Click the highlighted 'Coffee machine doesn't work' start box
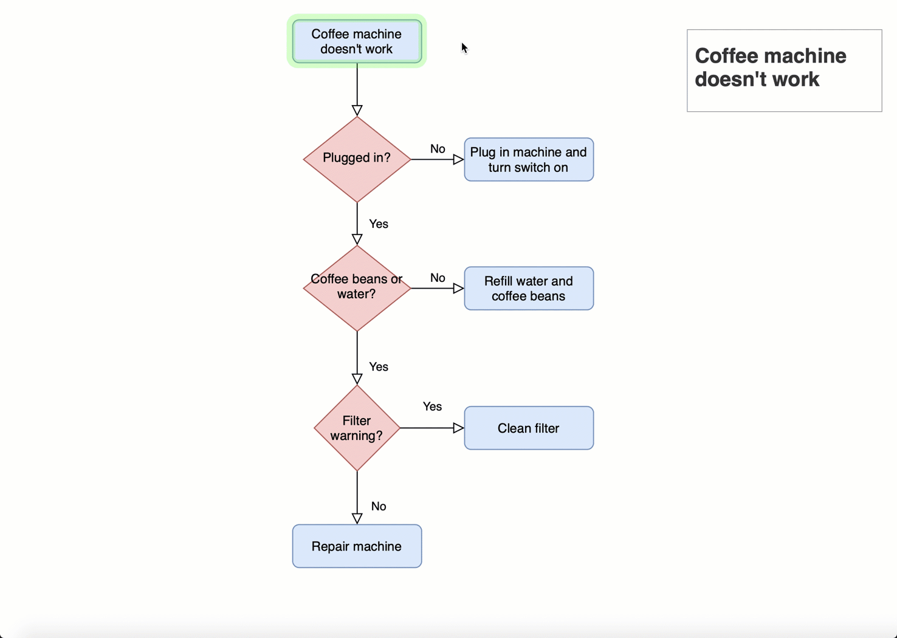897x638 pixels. [x=357, y=41]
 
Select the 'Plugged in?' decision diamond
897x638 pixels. [x=357, y=159]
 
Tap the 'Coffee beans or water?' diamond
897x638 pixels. [x=357, y=287]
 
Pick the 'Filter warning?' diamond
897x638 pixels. [x=357, y=428]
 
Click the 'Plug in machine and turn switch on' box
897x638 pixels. [x=528, y=160]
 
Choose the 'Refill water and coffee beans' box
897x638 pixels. [x=528, y=289]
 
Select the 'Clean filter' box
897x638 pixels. [x=528, y=428]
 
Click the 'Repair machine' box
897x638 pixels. [x=357, y=546]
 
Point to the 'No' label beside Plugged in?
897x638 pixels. [x=438, y=149]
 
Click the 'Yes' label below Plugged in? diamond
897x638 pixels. [x=378, y=224]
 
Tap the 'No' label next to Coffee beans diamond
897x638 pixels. [x=438, y=278]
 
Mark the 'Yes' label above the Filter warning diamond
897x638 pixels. [x=378, y=366]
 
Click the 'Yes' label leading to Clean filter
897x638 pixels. [x=432, y=406]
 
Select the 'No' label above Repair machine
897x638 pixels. [x=378, y=506]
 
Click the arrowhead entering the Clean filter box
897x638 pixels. [x=459, y=428]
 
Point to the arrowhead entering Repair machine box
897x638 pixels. [x=357, y=518]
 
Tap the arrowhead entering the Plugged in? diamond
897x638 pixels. [x=357, y=111]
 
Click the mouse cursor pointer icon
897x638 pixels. [x=464, y=48]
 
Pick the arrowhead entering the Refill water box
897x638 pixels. [x=459, y=289]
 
